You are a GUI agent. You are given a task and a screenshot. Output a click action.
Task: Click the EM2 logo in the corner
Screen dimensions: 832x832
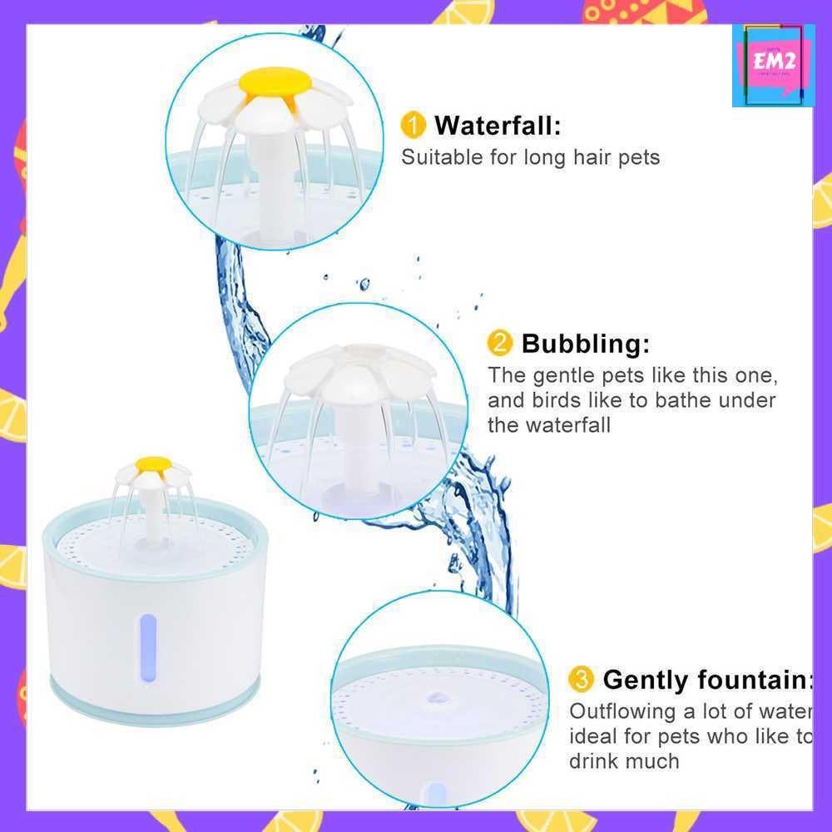[773, 65]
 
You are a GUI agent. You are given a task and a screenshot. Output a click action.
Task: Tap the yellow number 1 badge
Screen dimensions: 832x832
[413, 126]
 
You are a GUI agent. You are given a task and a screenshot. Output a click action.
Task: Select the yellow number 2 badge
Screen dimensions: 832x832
[499, 343]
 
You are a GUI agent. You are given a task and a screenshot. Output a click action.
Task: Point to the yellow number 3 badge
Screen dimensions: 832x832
[581, 680]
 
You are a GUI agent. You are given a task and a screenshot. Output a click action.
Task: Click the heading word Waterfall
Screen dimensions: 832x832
[498, 126]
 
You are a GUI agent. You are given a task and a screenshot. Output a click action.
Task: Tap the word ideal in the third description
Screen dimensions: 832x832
[593, 736]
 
